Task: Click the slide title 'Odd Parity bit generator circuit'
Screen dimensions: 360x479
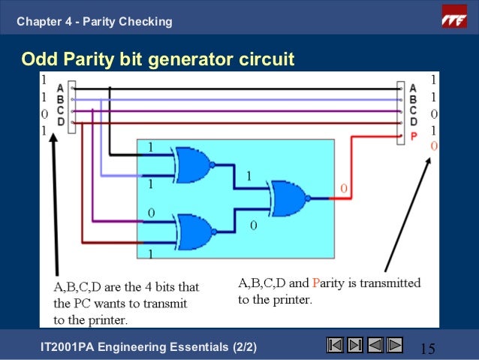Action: [x=157, y=58]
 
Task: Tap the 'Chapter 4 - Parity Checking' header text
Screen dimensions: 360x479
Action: [x=95, y=22]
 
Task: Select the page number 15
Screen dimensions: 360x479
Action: [x=428, y=349]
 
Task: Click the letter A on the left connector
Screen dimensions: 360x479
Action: [x=60, y=88]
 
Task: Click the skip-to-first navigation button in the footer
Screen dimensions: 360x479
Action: [x=336, y=345]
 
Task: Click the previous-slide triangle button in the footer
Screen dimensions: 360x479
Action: [x=375, y=345]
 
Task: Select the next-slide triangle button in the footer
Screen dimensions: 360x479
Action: [x=395, y=345]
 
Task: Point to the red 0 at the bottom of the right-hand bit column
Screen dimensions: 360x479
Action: [x=434, y=146]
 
